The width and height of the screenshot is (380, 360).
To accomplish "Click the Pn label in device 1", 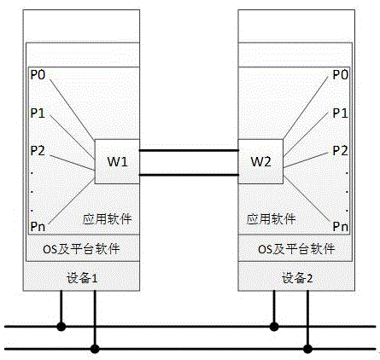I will coord(39,226).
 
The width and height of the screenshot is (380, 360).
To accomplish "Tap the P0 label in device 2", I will coord(340,76).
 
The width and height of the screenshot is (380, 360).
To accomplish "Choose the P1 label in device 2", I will coord(340,113).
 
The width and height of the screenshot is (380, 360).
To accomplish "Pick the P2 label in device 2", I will coord(340,150).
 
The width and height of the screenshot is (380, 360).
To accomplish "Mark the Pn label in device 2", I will coord(340,226).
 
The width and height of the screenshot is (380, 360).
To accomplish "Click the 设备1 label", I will coord(83,278).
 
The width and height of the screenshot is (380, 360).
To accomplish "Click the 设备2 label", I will coord(296,278).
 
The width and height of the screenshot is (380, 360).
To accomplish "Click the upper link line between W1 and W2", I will coord(188,150).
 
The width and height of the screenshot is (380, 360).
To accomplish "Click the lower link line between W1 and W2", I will coord(188,175).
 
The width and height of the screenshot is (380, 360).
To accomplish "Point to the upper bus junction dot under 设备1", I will coord(61,325).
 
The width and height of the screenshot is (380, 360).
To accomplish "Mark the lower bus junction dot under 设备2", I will coord(308,348).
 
